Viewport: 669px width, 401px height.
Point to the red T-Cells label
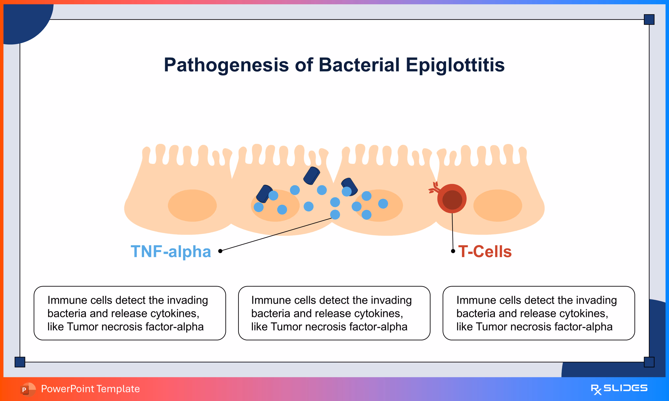click(485, 252)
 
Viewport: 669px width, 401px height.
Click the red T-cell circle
click(452, 199)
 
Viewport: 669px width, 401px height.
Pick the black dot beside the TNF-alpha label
click(220, 251)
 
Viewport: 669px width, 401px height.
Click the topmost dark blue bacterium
click(312, 176)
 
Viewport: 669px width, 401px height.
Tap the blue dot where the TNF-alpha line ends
click(335, 215)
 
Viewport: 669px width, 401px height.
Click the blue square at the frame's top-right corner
click(649, 19)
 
